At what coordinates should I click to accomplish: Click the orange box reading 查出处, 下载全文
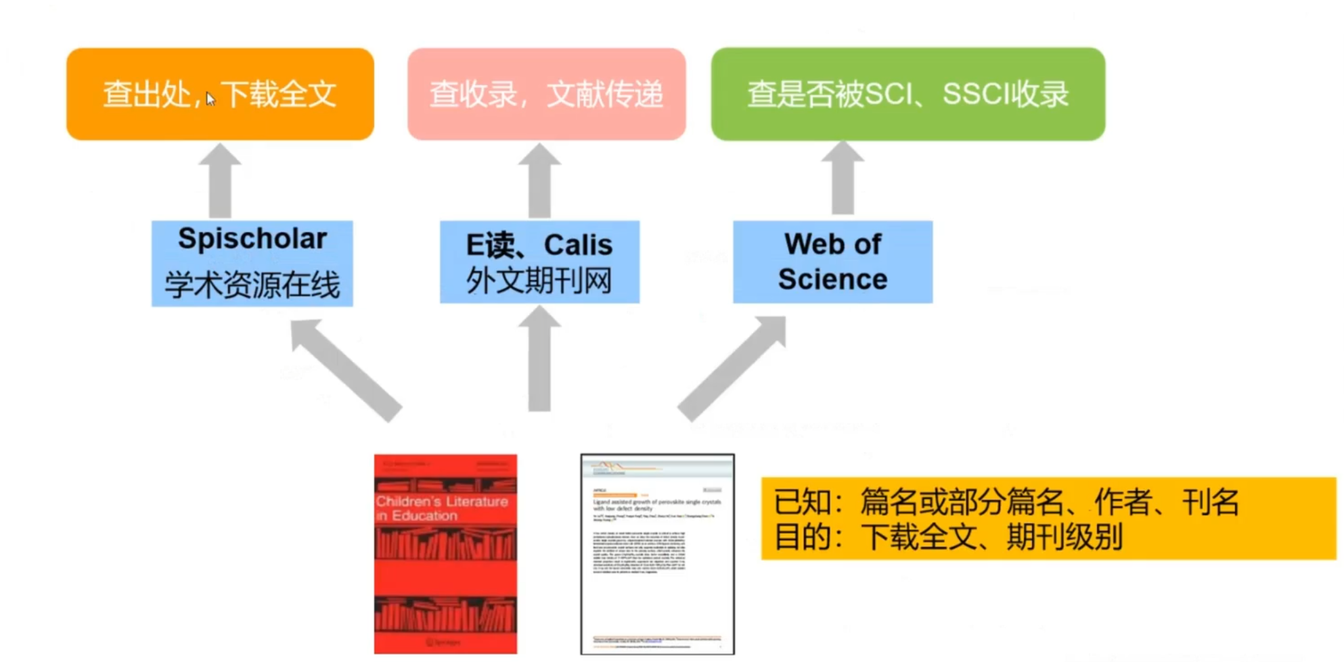[x=220, y=93]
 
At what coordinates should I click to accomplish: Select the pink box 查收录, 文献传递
[x=546, y=93]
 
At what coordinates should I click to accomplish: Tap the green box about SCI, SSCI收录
[x=908, y=93]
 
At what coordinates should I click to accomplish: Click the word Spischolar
[x=252, y=239]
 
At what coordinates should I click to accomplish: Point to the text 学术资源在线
[x=252, y=284]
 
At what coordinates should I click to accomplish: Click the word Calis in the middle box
[x=578, y=245]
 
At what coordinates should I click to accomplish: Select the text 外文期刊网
[x=539, y=281]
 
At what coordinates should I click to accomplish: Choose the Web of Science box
[x=832, y=262]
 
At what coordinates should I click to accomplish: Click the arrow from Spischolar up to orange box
[x=220, y=181]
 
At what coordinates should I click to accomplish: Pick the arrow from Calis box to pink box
[x=539, y=181]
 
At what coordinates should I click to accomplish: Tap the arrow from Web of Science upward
[x=843, y=179]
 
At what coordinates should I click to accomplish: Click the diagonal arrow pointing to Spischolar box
[x=344, y=369]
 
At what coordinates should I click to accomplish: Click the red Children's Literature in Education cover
[x=445, y=554]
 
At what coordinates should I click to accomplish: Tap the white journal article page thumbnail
[x=657, y=554]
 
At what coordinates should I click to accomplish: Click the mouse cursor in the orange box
[x=210, y=99]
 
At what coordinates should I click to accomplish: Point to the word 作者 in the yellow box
[x=1123, y=502]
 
